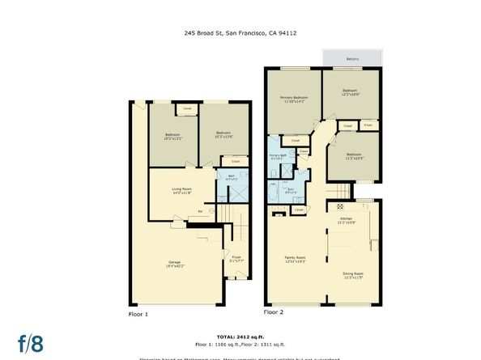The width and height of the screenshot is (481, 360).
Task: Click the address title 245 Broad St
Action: coord(240,33)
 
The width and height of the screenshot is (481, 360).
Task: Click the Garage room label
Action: coord(174,264)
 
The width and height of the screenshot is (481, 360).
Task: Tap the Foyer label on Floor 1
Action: coord(236,258)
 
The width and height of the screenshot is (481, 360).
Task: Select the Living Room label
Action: coord(181,191)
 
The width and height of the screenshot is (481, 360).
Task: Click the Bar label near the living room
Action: coord(200,214)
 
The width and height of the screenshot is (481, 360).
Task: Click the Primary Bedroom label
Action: coord(294,100)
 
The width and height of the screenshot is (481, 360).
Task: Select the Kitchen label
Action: coord(347,220)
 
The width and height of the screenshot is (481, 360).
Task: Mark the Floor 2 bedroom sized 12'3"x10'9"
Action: coord(350,93)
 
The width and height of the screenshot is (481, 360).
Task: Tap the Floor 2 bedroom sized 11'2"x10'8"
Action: coord(353,155)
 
